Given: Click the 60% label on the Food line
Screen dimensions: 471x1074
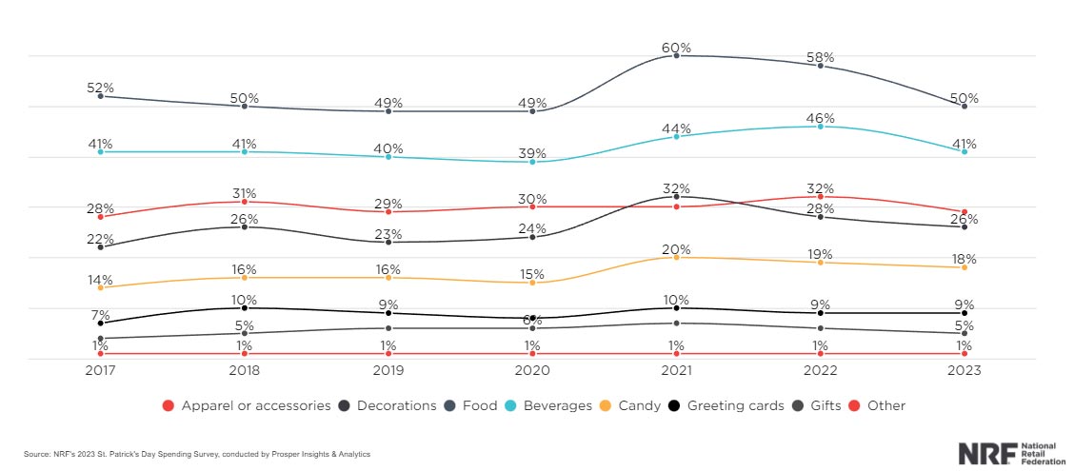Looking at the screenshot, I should [x=676, y=48].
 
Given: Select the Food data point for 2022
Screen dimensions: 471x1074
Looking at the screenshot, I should [x=820, y=66].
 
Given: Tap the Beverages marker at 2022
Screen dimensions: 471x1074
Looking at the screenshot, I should [x=820, y=126].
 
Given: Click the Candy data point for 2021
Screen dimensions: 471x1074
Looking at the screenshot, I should [x=676, y=257].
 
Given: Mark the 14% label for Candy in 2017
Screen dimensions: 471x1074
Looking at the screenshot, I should [x=101, y=280].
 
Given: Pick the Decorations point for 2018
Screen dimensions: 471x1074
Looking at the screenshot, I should [x=245, y=226].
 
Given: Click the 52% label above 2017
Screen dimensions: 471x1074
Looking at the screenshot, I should [x=101, y=88].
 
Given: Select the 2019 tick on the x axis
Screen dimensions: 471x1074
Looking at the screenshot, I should [x=388, y=370].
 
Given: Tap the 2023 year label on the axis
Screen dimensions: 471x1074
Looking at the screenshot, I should [x=965, y=370].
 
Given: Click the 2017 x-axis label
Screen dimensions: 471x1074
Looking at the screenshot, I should [x=101, y=370].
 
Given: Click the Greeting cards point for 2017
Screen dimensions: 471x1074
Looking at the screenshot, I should [x=101, y=323].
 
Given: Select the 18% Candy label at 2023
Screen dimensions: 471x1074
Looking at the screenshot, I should [x=965, y=259].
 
